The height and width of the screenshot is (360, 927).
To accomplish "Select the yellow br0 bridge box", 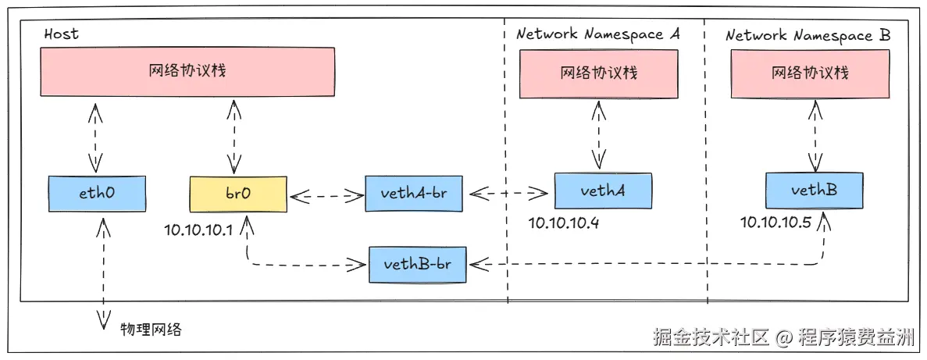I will [238, 193].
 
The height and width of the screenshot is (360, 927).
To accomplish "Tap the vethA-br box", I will [413, 193].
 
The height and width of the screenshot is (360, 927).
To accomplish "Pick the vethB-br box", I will [417, 264].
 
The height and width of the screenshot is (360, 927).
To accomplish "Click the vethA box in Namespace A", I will [602, 190].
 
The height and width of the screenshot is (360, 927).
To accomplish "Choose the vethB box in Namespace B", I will [814, 190].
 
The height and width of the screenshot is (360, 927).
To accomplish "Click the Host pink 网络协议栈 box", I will [187, 71].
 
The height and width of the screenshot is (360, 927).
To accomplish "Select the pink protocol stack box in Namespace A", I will [599, 73].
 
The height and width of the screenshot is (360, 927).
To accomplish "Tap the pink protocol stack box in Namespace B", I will [810, 73].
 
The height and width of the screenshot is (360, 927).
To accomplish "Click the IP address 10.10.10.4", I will [563, 223].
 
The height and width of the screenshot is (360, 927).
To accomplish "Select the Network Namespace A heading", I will [599, 34].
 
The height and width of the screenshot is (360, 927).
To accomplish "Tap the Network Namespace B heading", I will [808, 35].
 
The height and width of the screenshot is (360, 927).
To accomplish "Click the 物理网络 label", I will [151, 329].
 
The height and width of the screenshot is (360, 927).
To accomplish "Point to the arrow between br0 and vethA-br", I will [326, 194].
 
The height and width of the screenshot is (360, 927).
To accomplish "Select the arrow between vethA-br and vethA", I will [508, 192].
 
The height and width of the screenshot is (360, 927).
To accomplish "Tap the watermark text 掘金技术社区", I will [711, 337].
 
